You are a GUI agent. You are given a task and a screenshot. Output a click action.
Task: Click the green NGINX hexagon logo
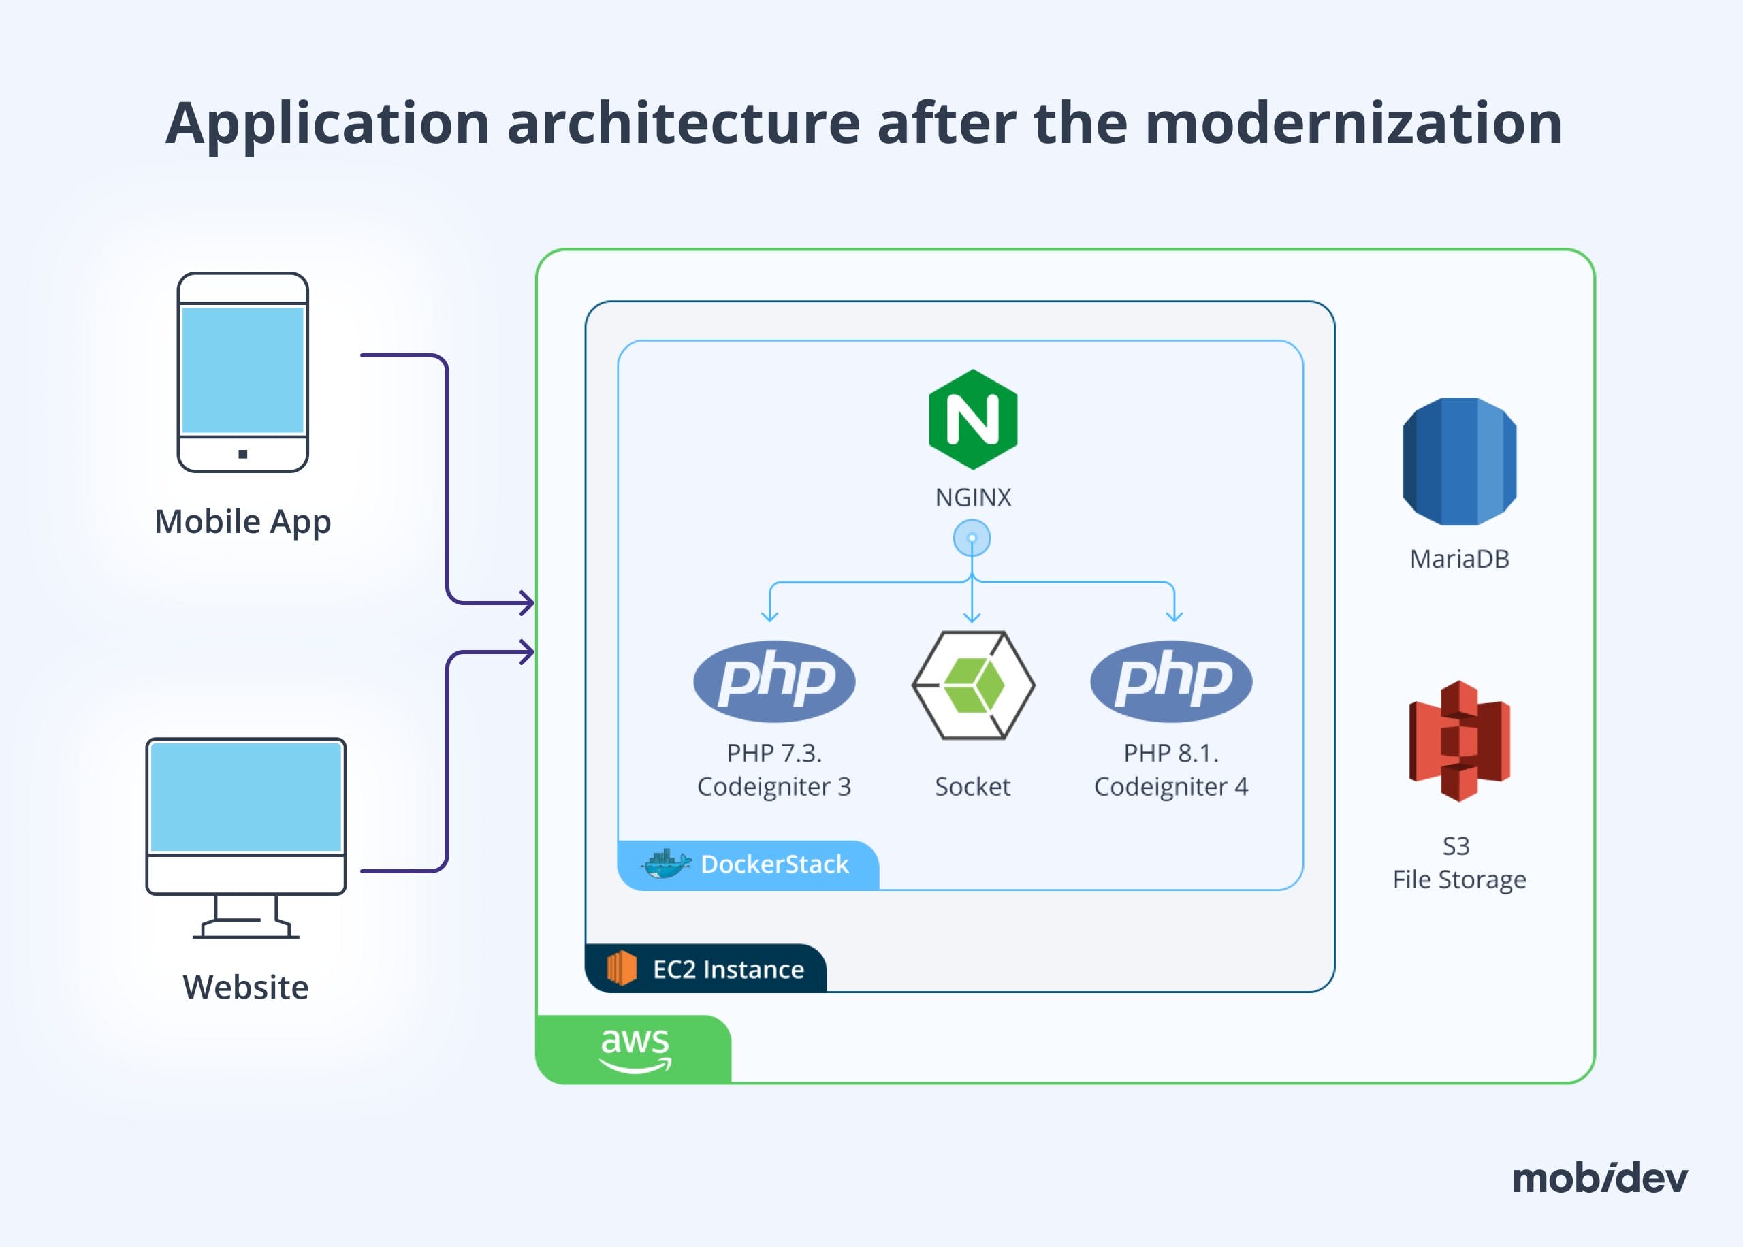pos(973,419)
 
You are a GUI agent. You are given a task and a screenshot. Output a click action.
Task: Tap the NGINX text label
pos(973,498)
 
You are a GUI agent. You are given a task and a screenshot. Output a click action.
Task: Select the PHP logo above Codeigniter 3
pos(774,681)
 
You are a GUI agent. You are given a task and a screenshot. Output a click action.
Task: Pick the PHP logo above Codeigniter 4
pos(1171,681)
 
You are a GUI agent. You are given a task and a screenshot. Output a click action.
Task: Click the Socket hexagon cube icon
pos(973,685)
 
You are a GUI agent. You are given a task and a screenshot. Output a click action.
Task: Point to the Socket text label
pos(972,786)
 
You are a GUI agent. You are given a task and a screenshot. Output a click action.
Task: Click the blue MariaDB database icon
pos(1459,461)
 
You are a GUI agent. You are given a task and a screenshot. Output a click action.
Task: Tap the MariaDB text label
pos(1459,559)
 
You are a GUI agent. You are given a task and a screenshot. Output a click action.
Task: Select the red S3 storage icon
pos(1459,741)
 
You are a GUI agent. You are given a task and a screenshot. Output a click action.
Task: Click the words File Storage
pos(1459,880)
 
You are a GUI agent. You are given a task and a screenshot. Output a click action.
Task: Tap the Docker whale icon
pos(666,864)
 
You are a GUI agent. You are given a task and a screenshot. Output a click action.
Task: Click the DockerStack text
pos(775,864)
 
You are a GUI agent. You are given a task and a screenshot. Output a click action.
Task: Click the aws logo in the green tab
pos(635,1049)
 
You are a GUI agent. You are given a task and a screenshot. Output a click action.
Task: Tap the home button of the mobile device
pos(242,454)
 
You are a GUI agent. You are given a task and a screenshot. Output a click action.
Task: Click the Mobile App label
pos(242,523)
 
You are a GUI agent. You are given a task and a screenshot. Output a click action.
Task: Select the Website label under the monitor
pos(246,988)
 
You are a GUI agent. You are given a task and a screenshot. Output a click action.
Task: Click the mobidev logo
pos(1600,1178)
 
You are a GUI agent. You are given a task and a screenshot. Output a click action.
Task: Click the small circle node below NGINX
pos(972,538)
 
